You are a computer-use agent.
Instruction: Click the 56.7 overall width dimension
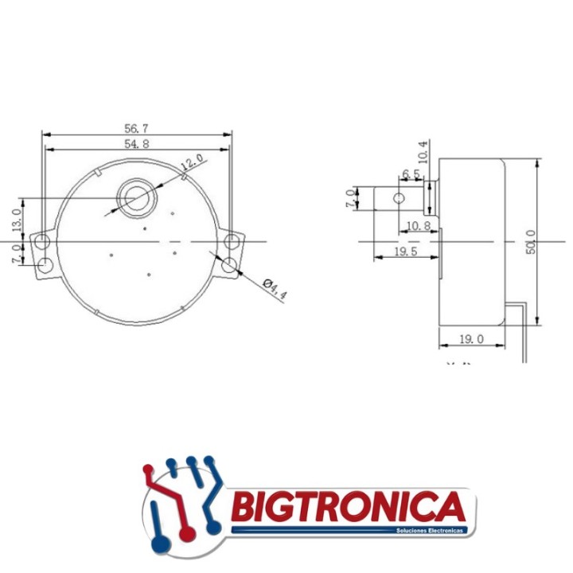[x=137, y=128]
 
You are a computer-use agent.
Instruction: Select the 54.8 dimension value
[x=137, y=143]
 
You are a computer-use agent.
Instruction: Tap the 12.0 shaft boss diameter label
[x=192, y=162]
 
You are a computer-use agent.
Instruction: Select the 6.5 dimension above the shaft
[x=411, y=174]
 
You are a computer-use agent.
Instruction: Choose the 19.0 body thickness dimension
[x=472, y=339]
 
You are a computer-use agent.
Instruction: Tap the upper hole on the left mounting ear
[x=43, y=240]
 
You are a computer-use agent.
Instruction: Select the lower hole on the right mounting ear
[x=231, y=265]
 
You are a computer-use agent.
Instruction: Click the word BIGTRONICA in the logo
[x=347, y=506]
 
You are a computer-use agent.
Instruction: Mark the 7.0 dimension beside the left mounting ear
[x=16, y=255]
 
